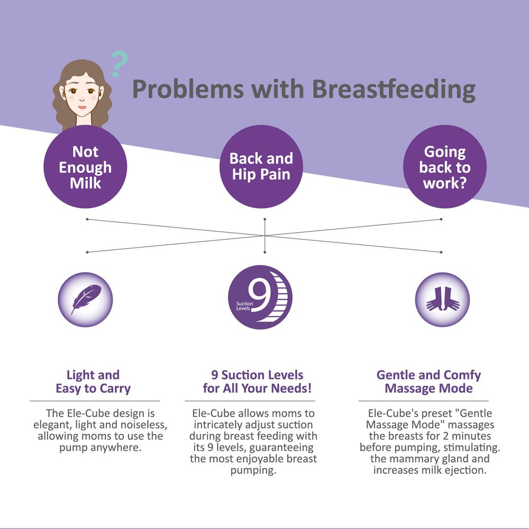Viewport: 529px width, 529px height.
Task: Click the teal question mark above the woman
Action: tap(119, 63)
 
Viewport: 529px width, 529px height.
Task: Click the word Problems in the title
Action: tap(188, 89)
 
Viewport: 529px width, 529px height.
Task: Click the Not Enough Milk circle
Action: tap(85, 167)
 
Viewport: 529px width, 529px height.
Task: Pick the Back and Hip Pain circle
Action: tap(261, 167)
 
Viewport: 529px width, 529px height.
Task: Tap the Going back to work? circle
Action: tap(445, 167)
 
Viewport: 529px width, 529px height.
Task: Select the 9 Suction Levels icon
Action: tap(260, 297)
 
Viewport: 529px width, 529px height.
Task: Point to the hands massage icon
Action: tap(442, 299)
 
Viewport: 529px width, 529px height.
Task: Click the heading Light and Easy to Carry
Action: tap(93, 381)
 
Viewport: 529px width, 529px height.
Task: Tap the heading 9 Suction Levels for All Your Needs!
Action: tap(257, 381)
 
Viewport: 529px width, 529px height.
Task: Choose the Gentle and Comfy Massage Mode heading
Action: tap(428, 381)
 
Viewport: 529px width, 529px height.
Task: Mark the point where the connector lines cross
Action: tap(265, 235)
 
